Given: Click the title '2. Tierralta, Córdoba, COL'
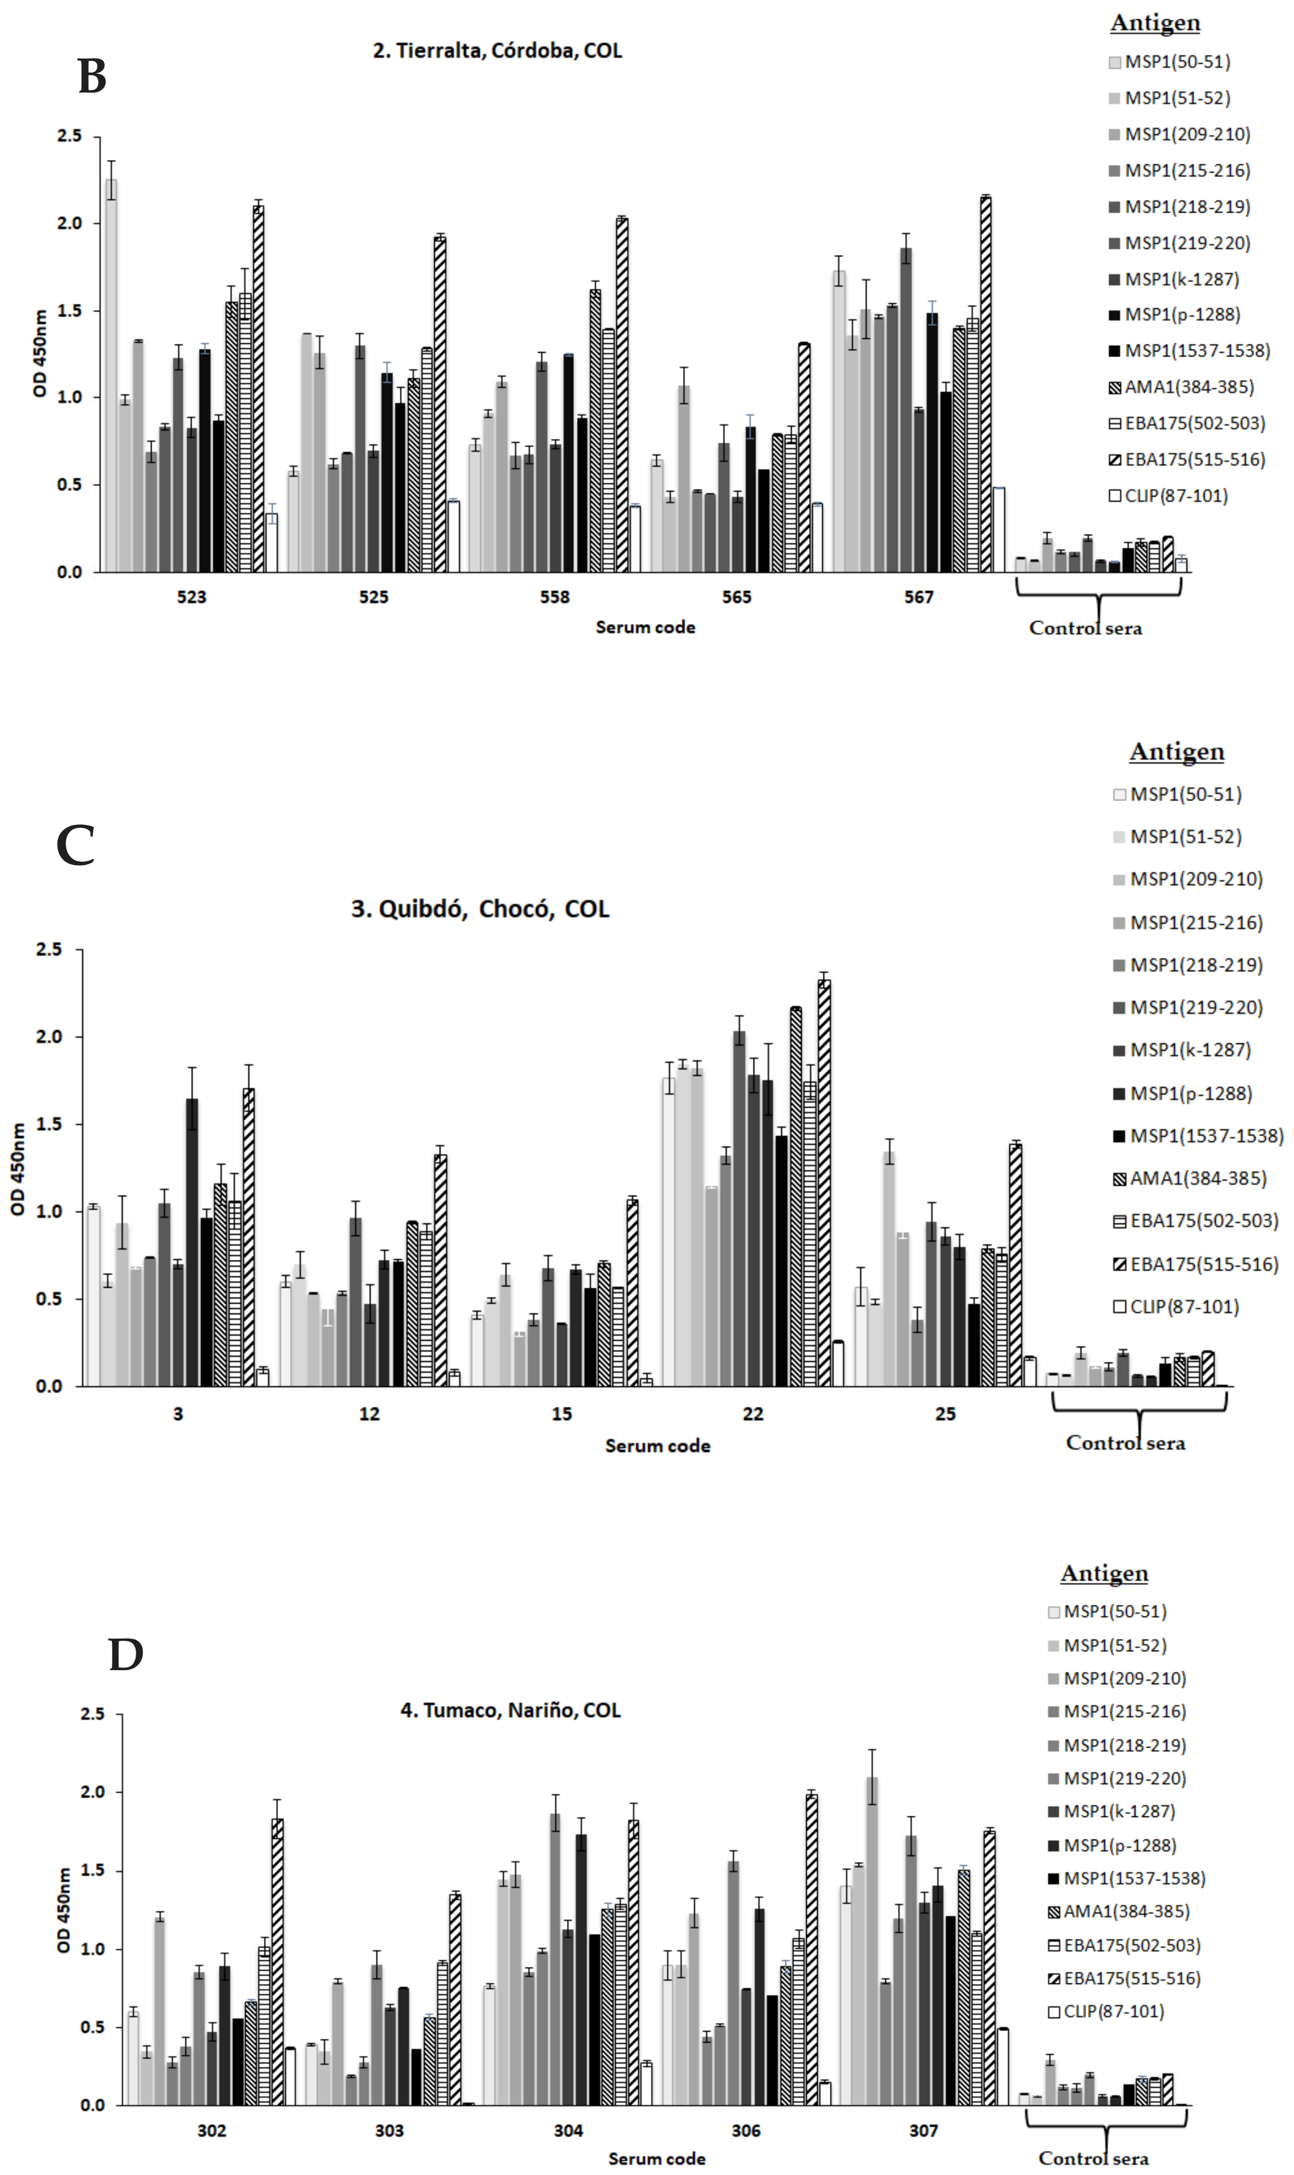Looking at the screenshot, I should (x=497, y=50).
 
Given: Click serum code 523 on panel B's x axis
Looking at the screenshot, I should (x=192, y=597).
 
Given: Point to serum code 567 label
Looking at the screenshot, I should (x=918, y=597).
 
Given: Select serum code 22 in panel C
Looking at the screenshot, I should (x=752, y=1413).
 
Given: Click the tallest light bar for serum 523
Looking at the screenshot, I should (x=112, y=375).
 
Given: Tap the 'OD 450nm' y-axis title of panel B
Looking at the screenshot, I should (x=40, y=353).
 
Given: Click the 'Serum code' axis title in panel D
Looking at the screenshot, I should (x=657, y=2158).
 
